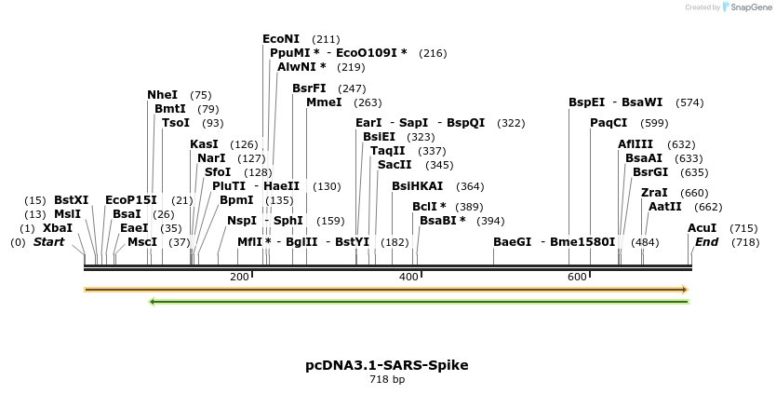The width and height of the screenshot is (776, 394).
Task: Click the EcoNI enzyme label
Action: [x=281, y=39]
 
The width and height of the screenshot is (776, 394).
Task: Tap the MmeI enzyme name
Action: [x=324, y=102]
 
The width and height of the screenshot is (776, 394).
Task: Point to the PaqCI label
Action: [x=609, y=123]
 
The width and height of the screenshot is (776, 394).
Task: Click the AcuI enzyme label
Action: [x=702, y=228]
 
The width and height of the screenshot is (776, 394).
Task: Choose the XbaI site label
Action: [x=58, y=228]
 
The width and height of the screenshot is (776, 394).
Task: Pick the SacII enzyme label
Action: [x=395, y=165]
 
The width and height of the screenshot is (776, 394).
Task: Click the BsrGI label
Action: [x=650, y=172]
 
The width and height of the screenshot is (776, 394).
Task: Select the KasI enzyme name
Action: [x=204, y=144]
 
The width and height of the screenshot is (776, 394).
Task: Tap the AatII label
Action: [x=665, y=207]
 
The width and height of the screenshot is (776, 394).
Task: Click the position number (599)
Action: [x=655, y=123]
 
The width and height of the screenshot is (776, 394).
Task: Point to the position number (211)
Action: [x=326, y=39]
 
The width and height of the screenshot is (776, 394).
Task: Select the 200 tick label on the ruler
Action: [x=239, y=278]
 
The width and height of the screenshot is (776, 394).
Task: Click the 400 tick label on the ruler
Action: [x=408, y=278]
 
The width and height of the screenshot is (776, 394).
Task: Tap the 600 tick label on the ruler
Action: [x=577, y=278]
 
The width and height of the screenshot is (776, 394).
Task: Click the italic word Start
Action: [x=49, y=242]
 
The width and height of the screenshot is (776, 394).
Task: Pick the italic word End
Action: [x=706, y=242]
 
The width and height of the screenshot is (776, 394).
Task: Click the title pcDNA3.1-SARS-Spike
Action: [x=387, y=365]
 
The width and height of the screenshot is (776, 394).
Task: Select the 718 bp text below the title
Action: [x=387, y=380]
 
